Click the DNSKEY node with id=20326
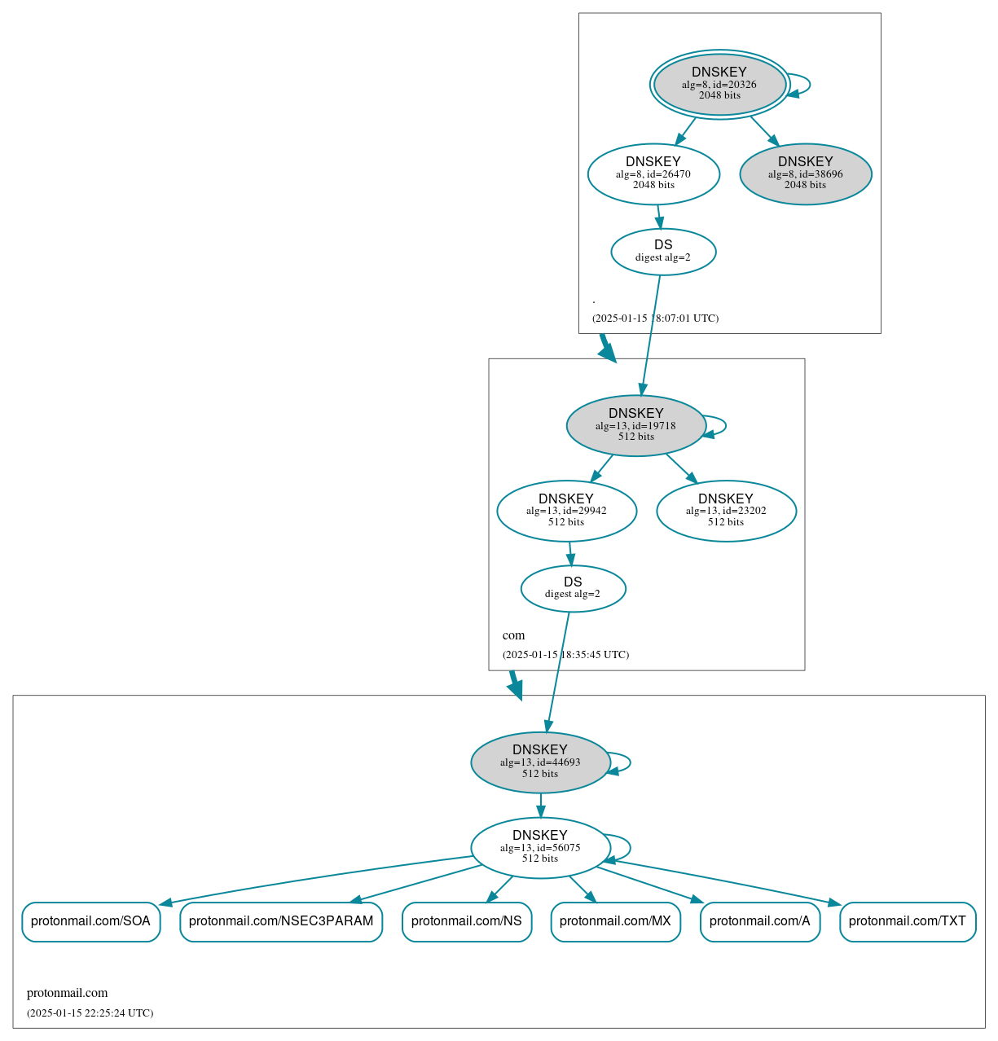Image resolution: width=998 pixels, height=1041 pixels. coord(719,84)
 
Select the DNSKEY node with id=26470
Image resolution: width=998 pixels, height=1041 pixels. coord(653,173)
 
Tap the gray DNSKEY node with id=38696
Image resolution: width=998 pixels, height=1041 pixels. coord(806,173)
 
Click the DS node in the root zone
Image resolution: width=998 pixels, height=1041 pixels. coord(663,252)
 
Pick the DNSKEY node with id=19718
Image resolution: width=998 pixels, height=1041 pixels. coord(635,425)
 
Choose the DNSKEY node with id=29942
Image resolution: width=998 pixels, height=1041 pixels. coord(566,511)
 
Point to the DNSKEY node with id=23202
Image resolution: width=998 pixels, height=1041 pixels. coord(726,511)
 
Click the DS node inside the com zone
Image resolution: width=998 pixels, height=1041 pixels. coord(573,588)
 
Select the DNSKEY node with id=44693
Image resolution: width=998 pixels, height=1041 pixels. coord(540,762)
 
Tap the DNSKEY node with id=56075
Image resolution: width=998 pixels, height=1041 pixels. coord(540,847)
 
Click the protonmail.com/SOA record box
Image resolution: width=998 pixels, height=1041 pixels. coord(90,921)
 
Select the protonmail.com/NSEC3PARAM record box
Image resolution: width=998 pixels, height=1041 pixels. coord(281,921)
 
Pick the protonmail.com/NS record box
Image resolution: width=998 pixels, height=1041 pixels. coord(467,921)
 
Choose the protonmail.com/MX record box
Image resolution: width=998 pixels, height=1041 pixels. coord(615,921)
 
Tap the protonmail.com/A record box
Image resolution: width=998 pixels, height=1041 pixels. coord(760,921)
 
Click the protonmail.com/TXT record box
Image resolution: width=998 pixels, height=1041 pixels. coord(908,921)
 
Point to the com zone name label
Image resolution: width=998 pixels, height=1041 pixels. coord(513,635)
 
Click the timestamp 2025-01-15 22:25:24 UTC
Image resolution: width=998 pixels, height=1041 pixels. coord(90,1013)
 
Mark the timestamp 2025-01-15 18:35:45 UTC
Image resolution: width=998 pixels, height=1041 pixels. coord(565,655)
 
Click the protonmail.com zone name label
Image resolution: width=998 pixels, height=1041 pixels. coord(67,993)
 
